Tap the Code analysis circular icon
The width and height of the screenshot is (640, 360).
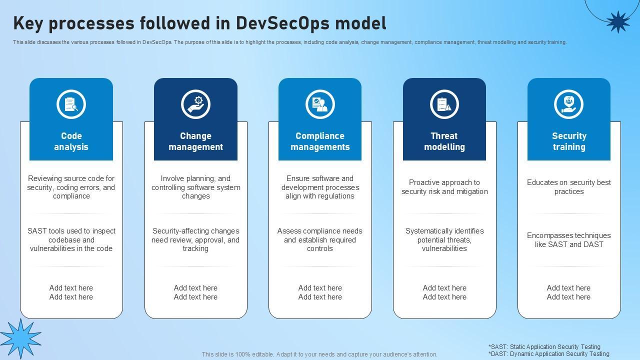point(71,104)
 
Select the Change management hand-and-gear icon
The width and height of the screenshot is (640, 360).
point(195,104)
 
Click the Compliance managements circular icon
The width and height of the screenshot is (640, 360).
point(320,104)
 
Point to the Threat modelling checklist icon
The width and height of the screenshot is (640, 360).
point(444,104)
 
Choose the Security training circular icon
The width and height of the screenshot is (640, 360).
point(568,104)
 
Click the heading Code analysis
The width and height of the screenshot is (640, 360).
point(71,141)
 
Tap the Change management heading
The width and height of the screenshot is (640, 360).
point(195,141)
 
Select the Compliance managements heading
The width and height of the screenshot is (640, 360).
point(320,141)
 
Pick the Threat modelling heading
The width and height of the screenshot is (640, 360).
point(444,141)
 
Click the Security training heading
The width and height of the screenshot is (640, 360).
point(569,141)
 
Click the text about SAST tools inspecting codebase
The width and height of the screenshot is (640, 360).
point(71,239)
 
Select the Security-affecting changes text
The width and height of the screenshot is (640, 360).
point(195,239)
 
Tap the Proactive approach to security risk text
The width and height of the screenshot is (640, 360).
point(444,187)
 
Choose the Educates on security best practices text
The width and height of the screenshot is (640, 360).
point(569,187)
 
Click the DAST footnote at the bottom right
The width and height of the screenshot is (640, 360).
point(548,354)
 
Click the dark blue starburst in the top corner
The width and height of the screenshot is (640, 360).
point(617,21)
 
